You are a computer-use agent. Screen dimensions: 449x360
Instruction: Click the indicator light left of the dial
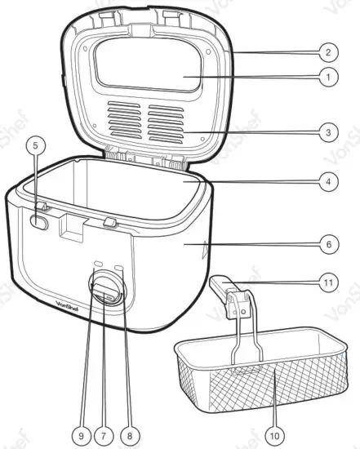tap(97, 265)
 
